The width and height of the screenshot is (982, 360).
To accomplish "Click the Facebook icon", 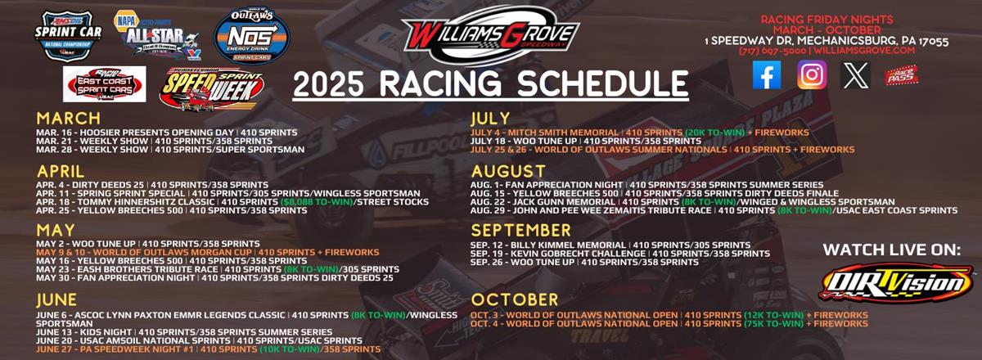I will click(x=767, y=75).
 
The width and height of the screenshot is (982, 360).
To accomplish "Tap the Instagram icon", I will click(x=812, y=75).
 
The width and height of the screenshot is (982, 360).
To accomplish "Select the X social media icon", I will click(x=856, y=75).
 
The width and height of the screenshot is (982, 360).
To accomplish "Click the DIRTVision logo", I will click(x=896, y=283).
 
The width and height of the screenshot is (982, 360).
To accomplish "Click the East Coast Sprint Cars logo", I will click(x=104, y=83).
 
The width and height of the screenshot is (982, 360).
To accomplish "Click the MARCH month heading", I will click(x=68, y=117).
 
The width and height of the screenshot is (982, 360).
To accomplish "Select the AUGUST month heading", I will click(x=507, y=171).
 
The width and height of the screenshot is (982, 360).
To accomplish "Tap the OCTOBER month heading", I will click(x=514, y=299).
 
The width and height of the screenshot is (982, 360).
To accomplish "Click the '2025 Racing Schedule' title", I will click(x=490, y=83).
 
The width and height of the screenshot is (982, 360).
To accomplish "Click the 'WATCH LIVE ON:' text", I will click(x=890, y=250).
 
